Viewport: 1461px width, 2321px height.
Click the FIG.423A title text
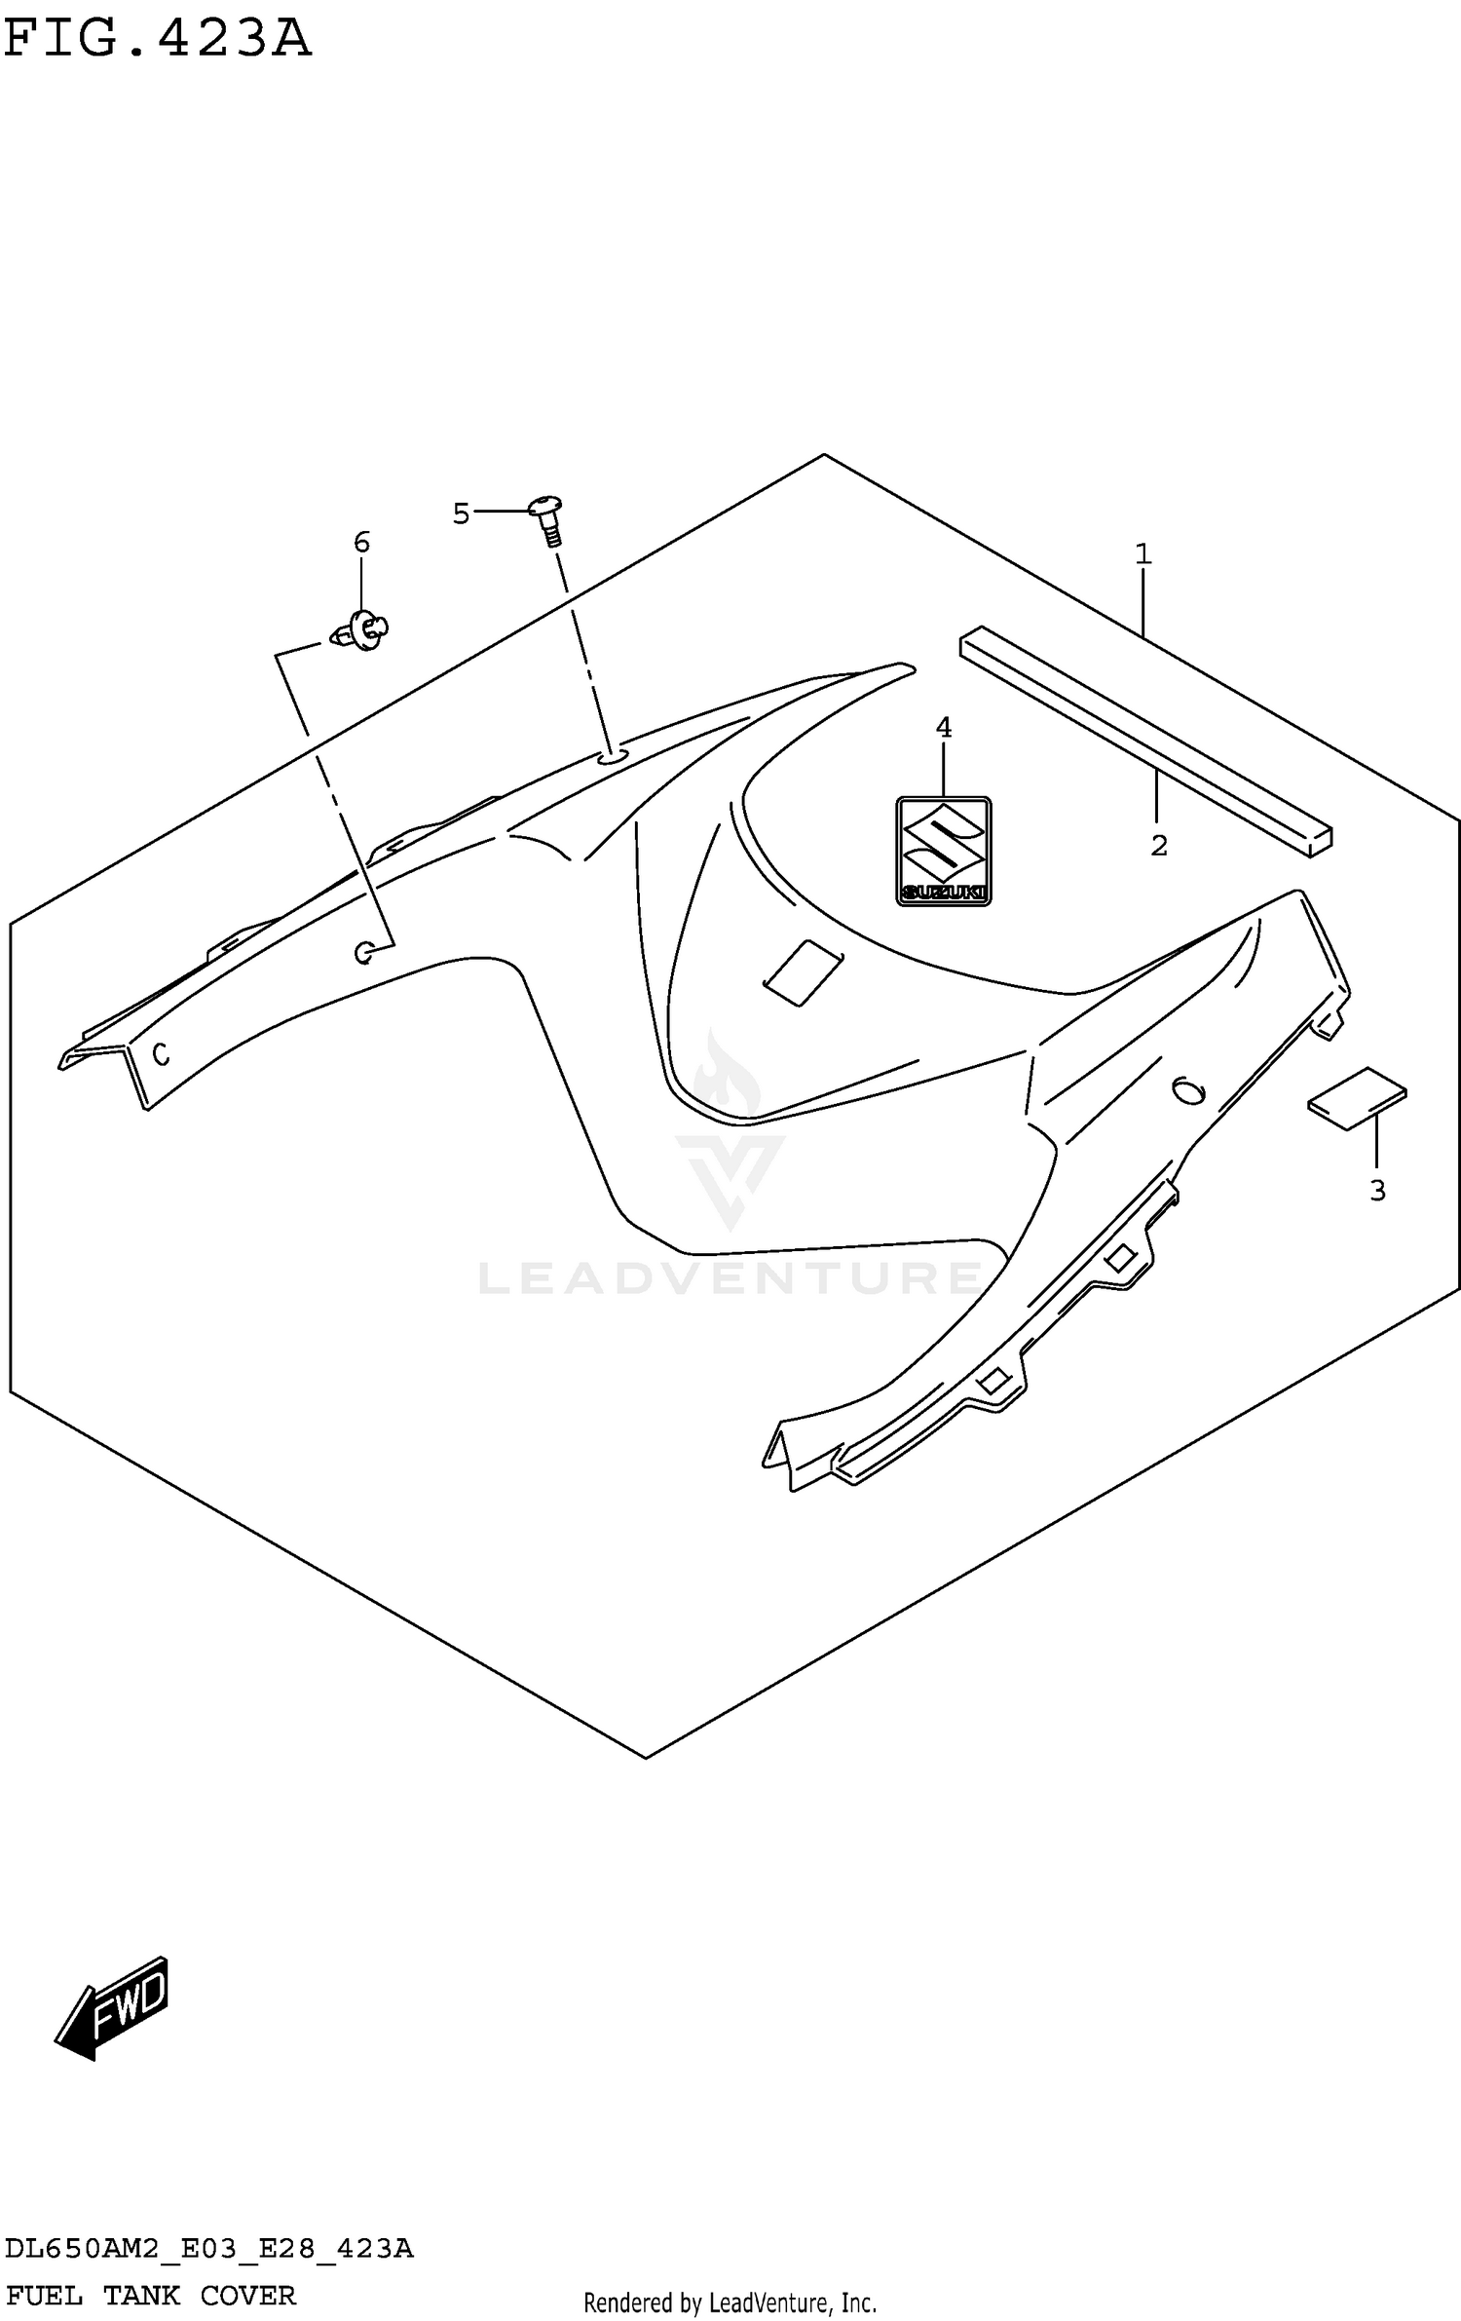tap(157, 39)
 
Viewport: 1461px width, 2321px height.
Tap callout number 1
tap(1143, 554)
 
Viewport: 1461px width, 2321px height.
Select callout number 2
tap(1158, 845)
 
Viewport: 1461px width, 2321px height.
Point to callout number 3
tap(1377, 1190)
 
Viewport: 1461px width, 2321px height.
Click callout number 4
tap(943, 727)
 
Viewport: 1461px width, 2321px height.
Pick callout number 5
tap(461, 514)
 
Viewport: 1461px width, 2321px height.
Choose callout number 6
tap(361, 543)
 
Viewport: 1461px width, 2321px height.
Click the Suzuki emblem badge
tap(943, 851)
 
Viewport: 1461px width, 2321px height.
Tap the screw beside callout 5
tap(548, 519)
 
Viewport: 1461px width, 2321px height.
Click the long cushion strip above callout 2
tap(1145, 741)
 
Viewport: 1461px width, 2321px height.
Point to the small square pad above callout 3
tap(1357, 1098)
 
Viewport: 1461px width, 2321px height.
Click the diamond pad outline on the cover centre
tap(804, 972)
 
